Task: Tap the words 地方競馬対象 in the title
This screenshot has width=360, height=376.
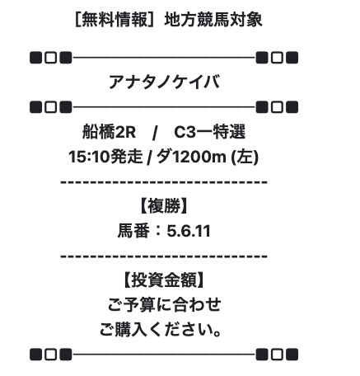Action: click(213, 20)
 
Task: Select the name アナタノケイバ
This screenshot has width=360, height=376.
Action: click(164, 82)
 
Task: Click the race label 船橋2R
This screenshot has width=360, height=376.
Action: click(109, 132)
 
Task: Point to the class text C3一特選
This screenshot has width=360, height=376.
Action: click(209, 132)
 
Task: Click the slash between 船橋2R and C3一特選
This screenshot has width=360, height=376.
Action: click(155, 133)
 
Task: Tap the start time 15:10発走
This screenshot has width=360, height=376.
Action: click(105, 157)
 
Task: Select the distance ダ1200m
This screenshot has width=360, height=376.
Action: click(191, 157)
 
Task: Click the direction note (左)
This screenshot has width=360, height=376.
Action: click(245, 157)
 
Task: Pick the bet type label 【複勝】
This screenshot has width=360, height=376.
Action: click(164, 206)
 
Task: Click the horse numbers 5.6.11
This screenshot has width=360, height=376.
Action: click(189, 231)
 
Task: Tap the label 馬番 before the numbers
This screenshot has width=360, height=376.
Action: click(133, 231)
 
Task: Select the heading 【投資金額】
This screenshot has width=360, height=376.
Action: click(164, 280)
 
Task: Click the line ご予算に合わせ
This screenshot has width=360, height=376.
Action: click(164, 305)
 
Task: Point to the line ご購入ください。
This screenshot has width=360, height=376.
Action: click(161, 330)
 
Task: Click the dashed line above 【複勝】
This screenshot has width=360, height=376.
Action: click(164, 181)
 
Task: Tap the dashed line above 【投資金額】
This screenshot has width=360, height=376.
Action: click(164, 256)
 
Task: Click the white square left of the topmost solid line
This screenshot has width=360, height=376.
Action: click(51, 58)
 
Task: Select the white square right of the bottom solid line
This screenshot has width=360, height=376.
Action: click(277, 355)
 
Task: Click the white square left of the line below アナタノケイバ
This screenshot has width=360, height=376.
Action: click(51, 107)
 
